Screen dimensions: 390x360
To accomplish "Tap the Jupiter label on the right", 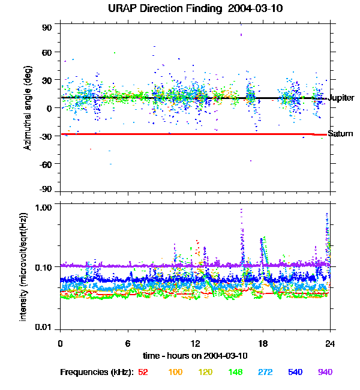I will click(x=342, y=97).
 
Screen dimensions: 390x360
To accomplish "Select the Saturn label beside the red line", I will click(x=340, y=133).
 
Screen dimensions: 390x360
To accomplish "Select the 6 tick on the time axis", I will click(x=128, y=343).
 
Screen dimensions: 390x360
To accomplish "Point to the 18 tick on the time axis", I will click(x=262, y=343).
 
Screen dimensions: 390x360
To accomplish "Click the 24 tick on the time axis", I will click(x=329, y=343).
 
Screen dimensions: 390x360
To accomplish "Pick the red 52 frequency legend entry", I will click(x=143, y=372).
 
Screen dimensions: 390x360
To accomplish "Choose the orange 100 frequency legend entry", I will click(x=175, y=372).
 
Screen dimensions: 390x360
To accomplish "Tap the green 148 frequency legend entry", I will click(x=236, y=372).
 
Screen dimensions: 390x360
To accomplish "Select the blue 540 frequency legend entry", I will click(x=296, y=372).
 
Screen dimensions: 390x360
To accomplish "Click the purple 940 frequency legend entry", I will click(x=325, y=372).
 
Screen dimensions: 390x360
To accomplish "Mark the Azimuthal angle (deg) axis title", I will click(x=28, y=108).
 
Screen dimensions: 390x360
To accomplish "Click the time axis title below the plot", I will click(x=194, y=355).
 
